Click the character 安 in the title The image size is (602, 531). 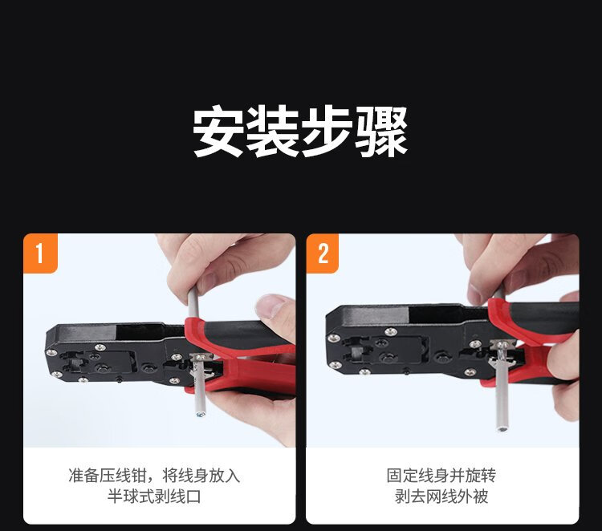pos(218,132)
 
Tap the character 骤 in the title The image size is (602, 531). pos(380,132)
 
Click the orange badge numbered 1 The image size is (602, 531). pos(40,253)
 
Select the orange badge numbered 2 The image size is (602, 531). pos(323,253)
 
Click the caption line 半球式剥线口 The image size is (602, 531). pos(154,497)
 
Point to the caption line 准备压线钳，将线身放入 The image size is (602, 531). pos(154,476)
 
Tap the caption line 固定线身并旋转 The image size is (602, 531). pos(441,476)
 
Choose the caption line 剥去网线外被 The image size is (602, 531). pos(441,497)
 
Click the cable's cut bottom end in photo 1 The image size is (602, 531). pos(200,415)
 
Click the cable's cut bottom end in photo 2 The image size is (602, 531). pos(502,428)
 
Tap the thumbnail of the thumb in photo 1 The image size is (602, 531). pos(271,306)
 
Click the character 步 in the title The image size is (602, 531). pos(327,132)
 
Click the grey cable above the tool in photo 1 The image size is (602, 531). pos(193,303)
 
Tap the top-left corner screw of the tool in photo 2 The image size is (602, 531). pos(333,338)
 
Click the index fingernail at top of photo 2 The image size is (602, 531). pos(474,294)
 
